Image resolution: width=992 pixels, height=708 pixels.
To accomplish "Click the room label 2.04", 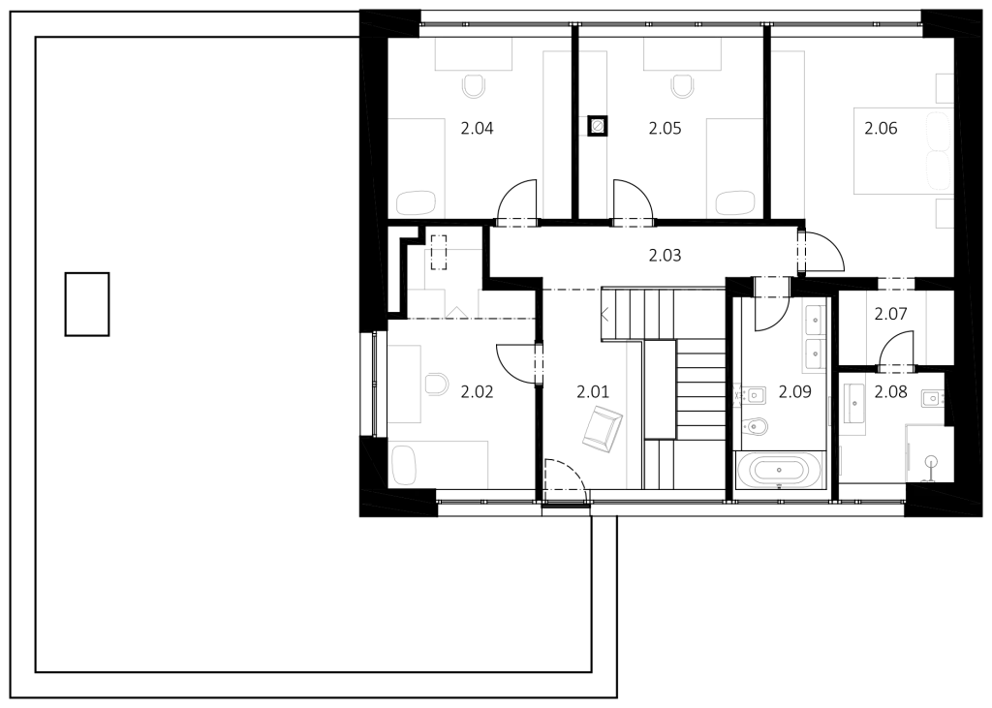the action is pos(477,129).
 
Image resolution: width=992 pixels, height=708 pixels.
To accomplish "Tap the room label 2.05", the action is pos(665,129).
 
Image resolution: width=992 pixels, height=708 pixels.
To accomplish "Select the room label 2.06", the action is pos(881,129).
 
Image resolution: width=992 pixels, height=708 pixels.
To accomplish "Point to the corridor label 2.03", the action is pos(665,256).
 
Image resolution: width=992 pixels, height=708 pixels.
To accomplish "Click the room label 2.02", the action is pos(477,392).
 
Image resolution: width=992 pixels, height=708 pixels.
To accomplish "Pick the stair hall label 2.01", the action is pos(593,392).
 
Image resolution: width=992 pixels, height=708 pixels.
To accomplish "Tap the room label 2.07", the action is pos(891,314).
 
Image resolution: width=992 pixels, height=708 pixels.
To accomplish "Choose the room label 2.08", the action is pos(891,392).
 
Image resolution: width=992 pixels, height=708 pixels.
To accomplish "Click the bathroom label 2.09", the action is pos(794,392).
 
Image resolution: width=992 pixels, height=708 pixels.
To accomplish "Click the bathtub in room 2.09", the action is pos(779,470).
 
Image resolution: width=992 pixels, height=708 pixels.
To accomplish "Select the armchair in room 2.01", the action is pos(602,429).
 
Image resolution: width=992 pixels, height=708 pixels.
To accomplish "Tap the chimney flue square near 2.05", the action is pos(596,127).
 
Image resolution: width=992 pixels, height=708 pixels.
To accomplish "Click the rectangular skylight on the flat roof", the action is pos(87,304).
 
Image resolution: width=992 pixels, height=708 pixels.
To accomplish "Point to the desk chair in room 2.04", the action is pos(474,86).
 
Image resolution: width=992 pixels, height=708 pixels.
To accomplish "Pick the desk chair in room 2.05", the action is pos(682,86).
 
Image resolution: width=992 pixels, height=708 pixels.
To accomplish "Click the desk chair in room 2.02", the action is pos(436,385).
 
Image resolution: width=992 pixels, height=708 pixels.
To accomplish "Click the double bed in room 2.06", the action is pos(903,151).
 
